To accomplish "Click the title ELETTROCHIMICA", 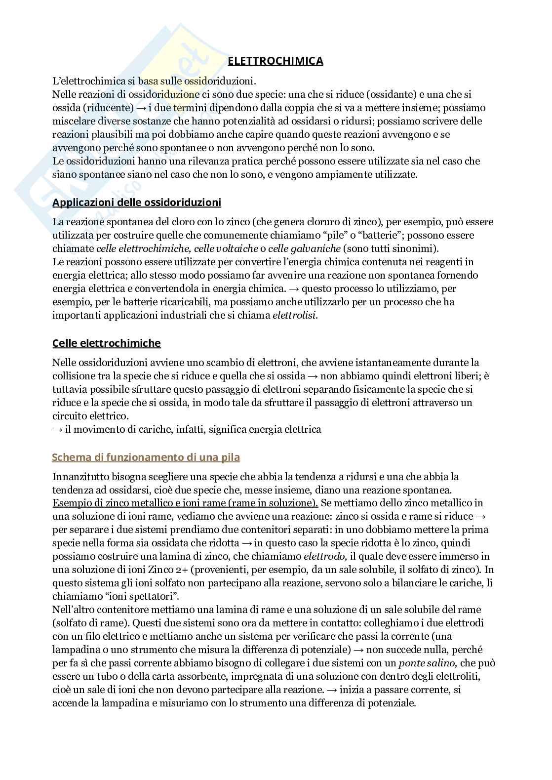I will pos(276,61).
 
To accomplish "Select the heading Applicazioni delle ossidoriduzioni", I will pos(137,203).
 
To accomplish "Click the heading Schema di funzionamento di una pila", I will pos(146,457).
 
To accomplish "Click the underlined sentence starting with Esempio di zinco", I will pos(185,503).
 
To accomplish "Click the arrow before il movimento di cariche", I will pos(57,429).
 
